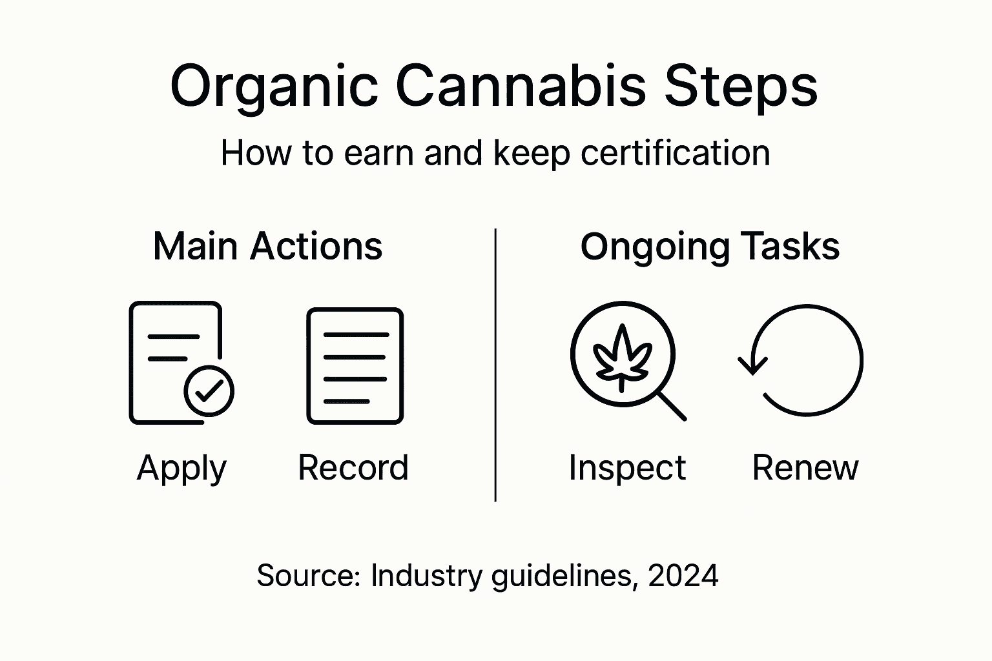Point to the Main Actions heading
267,247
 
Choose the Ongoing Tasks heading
710,247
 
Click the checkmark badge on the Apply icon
209,391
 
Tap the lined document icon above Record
355,366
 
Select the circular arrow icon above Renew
805,360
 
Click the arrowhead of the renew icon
752,365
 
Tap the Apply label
181,468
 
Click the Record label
353,468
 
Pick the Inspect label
626,468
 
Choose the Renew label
805,468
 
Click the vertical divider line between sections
495,365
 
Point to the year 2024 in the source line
683,575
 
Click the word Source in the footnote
307,575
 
